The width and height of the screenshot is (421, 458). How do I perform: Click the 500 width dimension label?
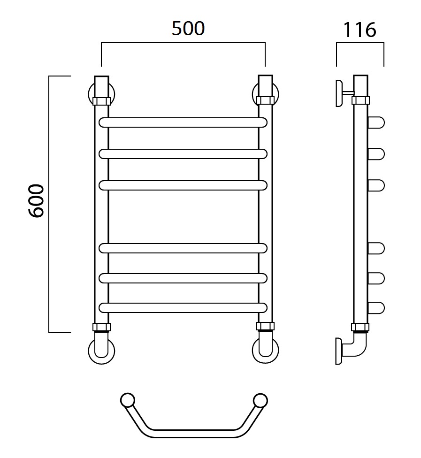coord(188,29)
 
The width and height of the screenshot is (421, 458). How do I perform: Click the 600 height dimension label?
coord(36,201)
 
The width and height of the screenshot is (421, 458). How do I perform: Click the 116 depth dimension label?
coord(360,30)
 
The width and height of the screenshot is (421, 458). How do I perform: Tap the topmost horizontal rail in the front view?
coord(183,122)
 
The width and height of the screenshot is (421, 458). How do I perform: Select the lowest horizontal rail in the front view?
coord(183,308)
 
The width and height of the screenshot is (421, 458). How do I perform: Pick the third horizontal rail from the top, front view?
coord(183,185)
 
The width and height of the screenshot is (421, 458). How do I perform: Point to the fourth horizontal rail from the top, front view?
coord(183,248)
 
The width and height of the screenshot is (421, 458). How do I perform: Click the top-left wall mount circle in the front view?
coord(89,94)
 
